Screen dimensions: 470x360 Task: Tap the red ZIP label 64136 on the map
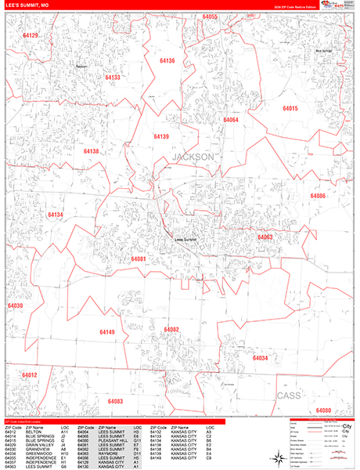tap(167, 60)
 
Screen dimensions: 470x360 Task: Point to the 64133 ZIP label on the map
tap(113, 78)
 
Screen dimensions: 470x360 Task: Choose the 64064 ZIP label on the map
tap(230, 120)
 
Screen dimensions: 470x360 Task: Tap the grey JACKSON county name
tap(192, 157)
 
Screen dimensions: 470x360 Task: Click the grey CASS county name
tap(289, 396)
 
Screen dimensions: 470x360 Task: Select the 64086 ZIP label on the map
tap(318, 196)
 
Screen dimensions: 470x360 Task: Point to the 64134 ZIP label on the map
tap(55, 214)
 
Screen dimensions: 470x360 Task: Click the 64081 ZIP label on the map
tap(139, 258)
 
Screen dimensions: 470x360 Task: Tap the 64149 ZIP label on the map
tap(107, 332)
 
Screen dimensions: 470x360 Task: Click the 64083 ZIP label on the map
tap(115, 401)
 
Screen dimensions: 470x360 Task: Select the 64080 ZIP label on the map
tap(323, 410)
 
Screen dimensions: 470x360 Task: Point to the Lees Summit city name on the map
tap(185, 240)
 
